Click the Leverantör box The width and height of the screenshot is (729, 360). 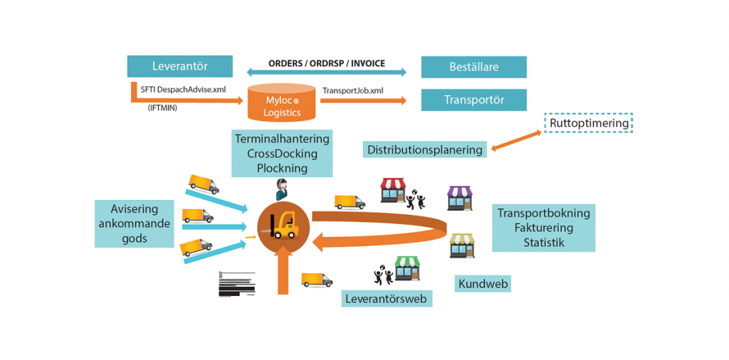179,67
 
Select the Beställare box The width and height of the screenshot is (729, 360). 473,68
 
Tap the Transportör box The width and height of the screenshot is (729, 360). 473,100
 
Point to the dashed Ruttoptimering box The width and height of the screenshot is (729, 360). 589,123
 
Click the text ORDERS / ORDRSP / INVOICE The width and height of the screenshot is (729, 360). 327,63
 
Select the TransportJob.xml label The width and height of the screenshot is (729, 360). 353,91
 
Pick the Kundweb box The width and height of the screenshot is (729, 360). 483,284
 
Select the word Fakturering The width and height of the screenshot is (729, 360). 543,228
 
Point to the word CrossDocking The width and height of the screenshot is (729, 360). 282,154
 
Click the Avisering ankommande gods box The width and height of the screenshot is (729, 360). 135,223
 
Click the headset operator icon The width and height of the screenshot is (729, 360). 283,189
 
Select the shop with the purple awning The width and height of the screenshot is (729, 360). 459,198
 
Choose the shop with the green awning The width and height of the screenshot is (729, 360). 407,268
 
